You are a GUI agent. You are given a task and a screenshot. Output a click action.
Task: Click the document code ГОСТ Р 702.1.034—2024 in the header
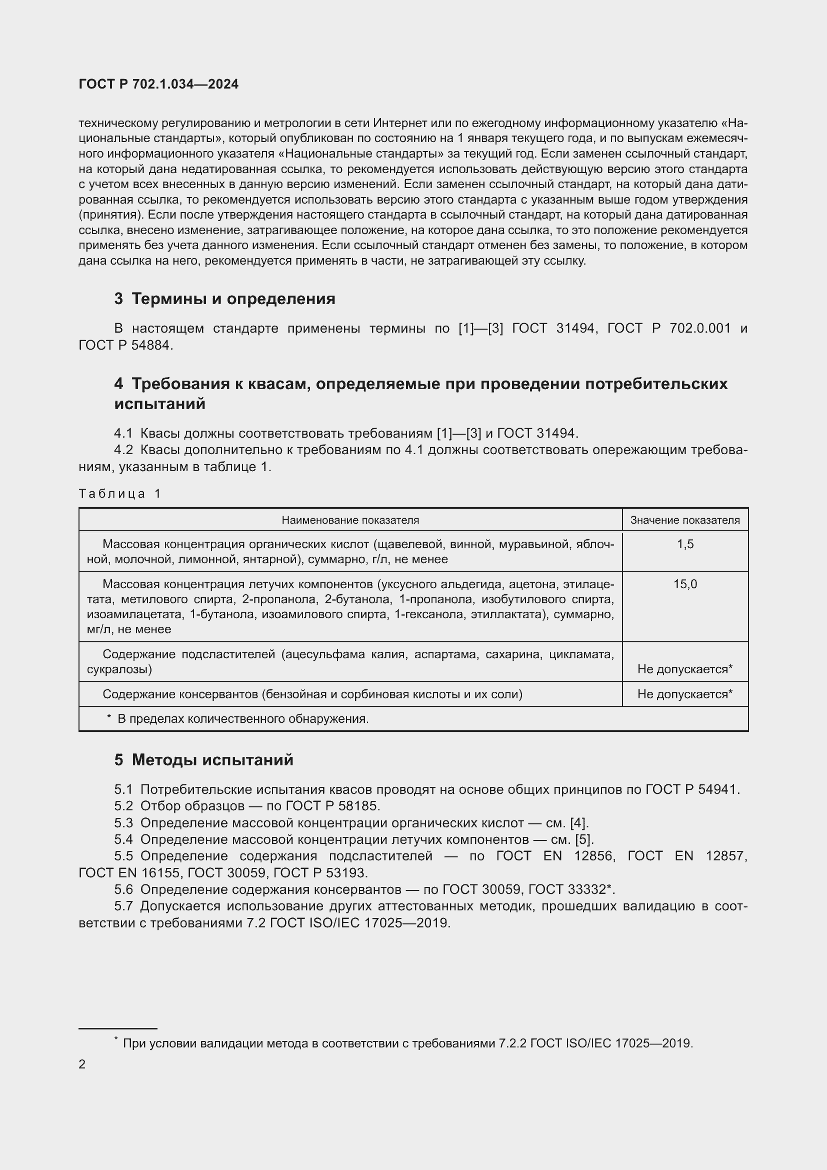click(x=158, y=85)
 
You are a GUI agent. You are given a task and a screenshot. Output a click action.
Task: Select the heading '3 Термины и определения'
click(x=224, y=299)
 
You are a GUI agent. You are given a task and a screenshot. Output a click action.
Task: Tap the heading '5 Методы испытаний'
click(x=203, y=760)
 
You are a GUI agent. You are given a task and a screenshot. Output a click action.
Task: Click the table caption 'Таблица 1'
click(x=119, y=493)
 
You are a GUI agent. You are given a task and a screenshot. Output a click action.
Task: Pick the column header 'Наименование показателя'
click(x=350, y=520)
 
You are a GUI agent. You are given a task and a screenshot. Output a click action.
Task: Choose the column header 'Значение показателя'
click(x=685, y=520)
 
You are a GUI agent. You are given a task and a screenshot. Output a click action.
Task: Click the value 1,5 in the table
click(x=685, y=544)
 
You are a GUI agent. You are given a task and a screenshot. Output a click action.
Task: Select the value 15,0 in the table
click(x=685, y=584)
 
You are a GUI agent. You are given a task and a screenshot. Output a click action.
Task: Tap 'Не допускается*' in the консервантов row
click(x=685, y=695)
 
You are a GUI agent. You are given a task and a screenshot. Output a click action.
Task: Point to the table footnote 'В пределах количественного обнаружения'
click(x=242, y=719)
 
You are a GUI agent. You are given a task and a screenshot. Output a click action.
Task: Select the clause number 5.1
click(x=123, y=790)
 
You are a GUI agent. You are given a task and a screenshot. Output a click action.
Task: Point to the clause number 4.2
click(x=123, y=451)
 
